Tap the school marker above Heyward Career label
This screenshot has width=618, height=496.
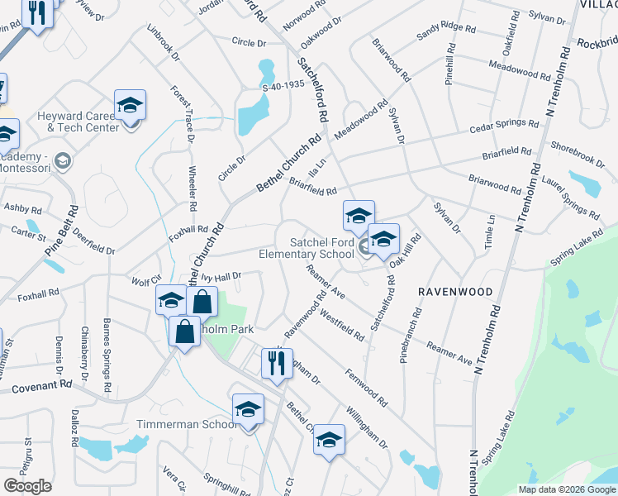pos(130,104)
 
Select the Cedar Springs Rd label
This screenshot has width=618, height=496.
pos(503,128)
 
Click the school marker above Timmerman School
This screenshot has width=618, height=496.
pos(248,409)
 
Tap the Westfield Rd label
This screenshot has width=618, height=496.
pos(340,325)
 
